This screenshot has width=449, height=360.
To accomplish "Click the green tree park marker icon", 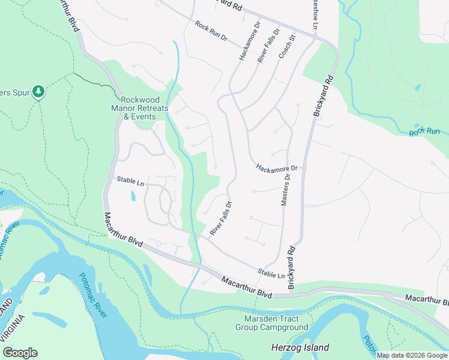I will (x=39, y=91).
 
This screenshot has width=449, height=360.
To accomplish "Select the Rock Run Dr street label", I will (x=211, y=31).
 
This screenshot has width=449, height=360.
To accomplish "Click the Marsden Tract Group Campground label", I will (x=271, y=323).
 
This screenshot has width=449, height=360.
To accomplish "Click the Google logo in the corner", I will (x=20, y=353).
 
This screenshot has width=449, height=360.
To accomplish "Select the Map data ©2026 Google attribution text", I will (x=412, y=355).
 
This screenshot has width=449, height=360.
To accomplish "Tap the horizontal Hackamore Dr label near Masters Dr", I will (x=277, y=168).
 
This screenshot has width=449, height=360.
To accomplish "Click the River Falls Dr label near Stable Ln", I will (x=220, y=218).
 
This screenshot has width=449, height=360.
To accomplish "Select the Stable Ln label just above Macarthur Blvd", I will (x=271, y=274).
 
